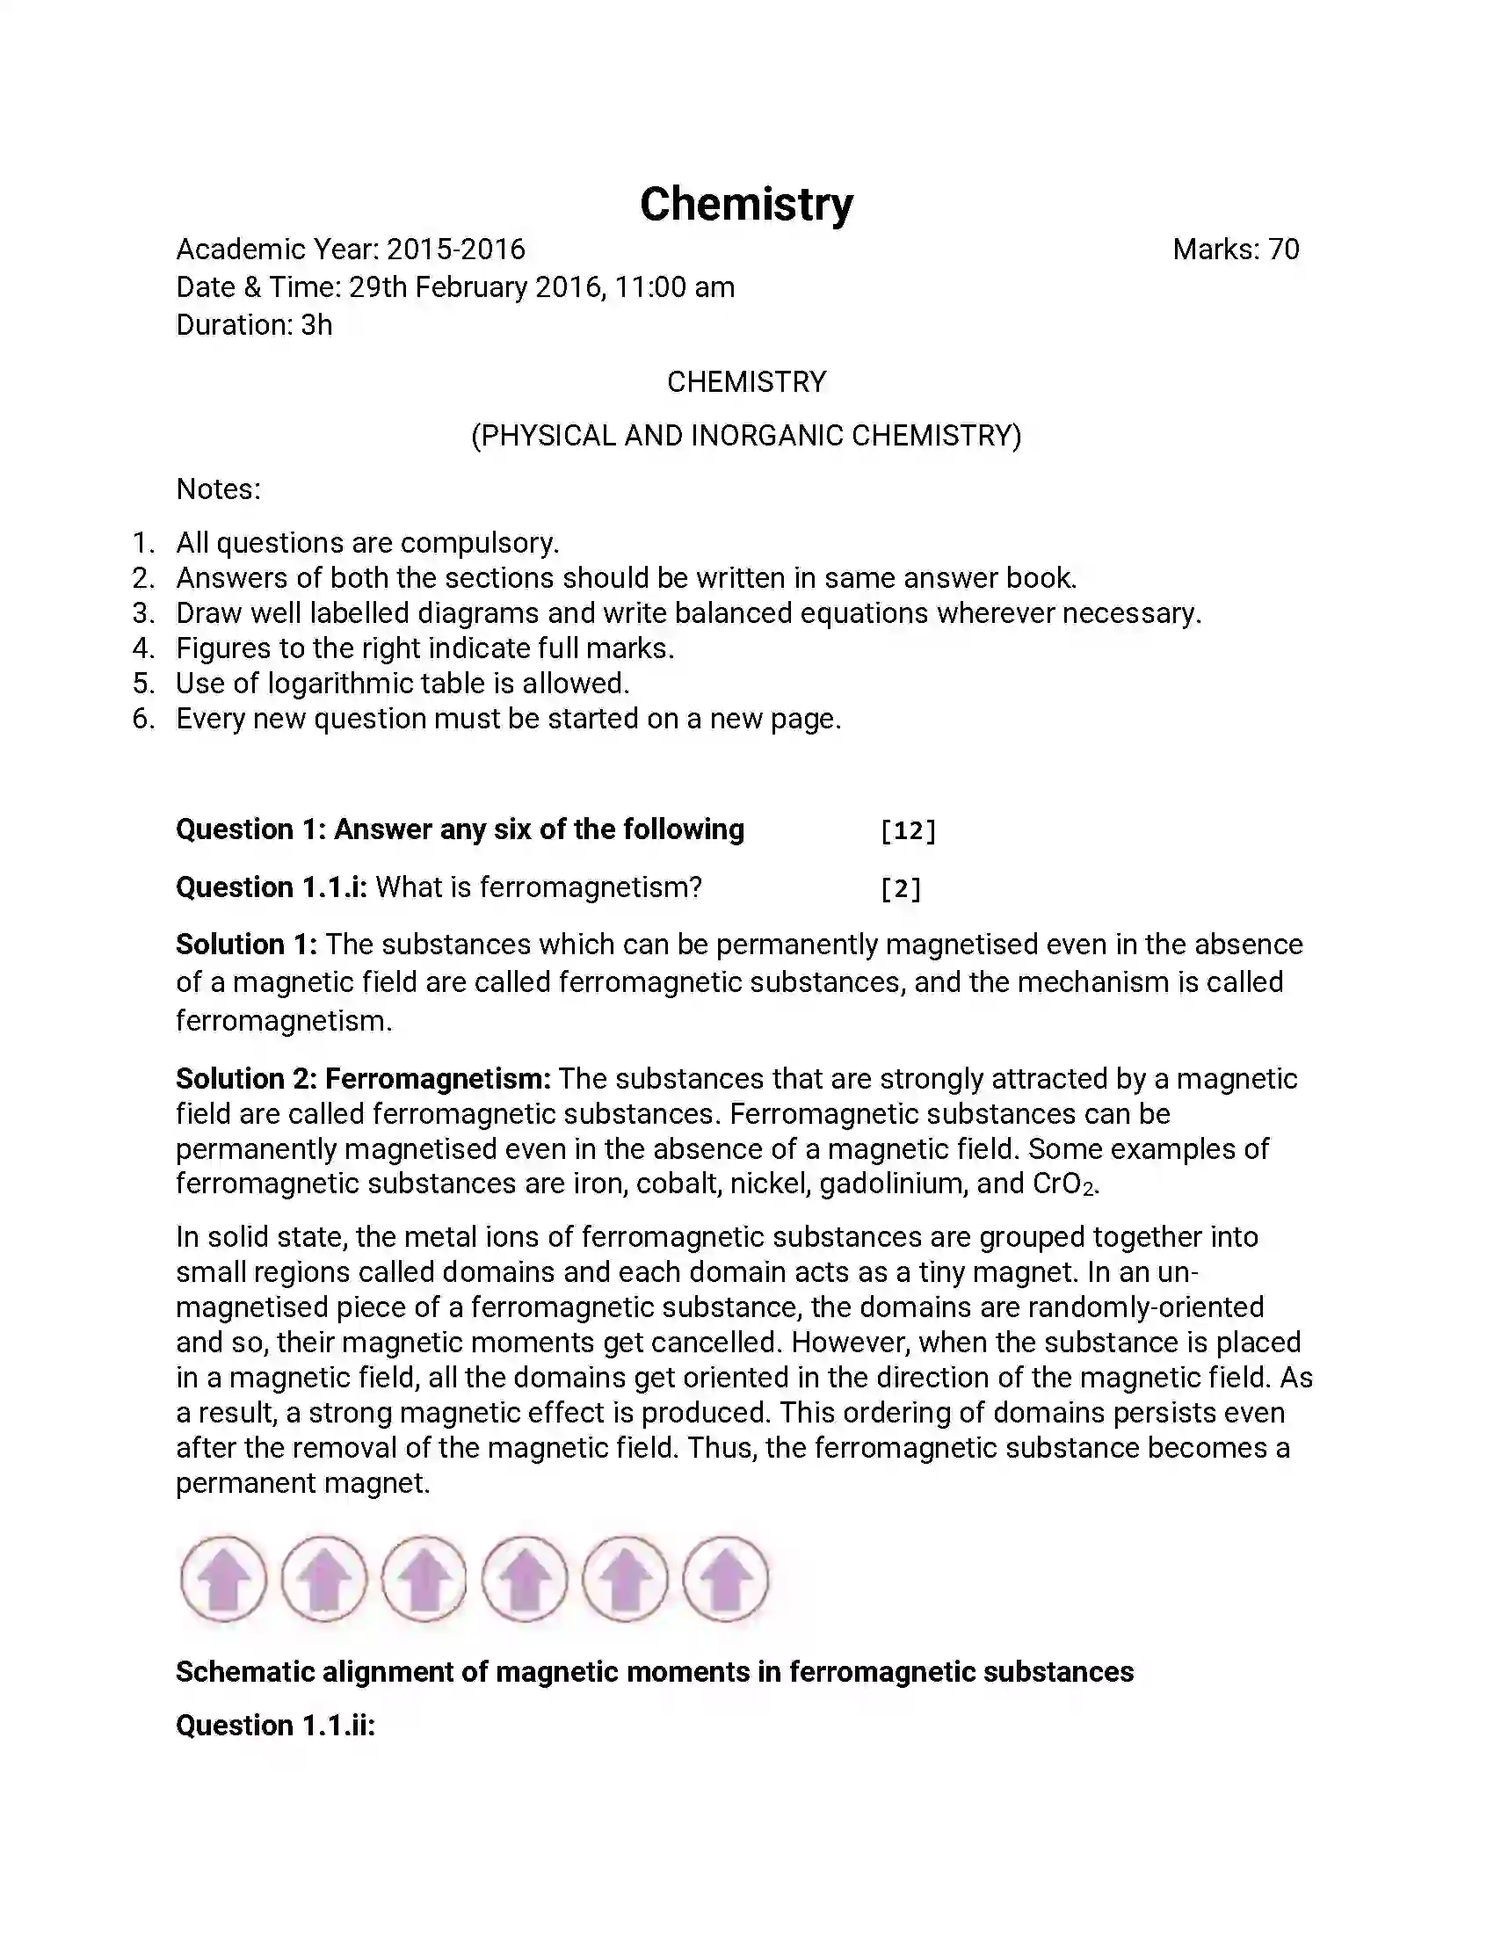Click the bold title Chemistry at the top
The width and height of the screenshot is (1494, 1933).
(746, 205)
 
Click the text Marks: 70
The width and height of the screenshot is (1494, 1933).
(1236, 250)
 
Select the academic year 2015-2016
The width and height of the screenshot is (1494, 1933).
(456, 250)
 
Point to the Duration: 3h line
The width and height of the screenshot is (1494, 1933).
(254, 325)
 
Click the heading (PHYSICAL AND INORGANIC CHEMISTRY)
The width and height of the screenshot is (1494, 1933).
(746, 436)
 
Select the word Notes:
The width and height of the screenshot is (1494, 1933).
(219, 489)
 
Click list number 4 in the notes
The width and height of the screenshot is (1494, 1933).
(143, 648)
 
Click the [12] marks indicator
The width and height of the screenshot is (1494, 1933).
(908, 830)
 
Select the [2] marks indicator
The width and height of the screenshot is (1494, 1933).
(901, 888)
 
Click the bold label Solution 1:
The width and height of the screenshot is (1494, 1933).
(246, 945)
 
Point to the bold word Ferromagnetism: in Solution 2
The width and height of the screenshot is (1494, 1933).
(439, 1079)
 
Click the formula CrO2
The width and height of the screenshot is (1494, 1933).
(1065, 1184)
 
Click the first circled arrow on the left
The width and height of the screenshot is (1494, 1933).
(224, 1579)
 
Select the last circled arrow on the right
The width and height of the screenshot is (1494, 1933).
(726, 1579)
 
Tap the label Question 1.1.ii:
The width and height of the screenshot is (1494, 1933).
(275, 1726)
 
